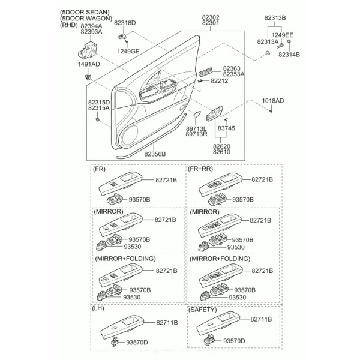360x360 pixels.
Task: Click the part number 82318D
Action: pyautogui.click(x=125, y=23)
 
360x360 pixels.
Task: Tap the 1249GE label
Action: pyautogui.click(x=128, y=51)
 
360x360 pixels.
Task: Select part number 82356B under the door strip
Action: pyautogui.click(x=155, y=154)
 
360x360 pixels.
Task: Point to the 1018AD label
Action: pyautogui.click(x=273, y=101)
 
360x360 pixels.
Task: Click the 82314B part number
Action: pyautogui.click(x=289, y=55)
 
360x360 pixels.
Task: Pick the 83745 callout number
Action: pyautogui.click(x=226, y=128)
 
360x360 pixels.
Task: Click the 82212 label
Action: pyautogui.click(x=220, y=80)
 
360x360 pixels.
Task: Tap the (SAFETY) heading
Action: pyautogui.click(x=203, y=310)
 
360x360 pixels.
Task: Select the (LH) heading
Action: pyautogui.click(x=98, y=308)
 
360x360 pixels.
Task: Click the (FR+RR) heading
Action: pyautogui.click(x=200, y=169)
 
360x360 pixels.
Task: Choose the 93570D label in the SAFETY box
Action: pyautogui.click(x=234, y=341)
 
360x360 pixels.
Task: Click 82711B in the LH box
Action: pyautogui.click(x=167, y=323)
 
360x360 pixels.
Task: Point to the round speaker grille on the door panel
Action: pyautogui.click(x=129, y=137)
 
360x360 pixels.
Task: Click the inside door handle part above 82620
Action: pyautogui.click(x=214, y=113)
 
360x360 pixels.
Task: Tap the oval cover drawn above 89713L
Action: pyautogui.click(x=197, y=114)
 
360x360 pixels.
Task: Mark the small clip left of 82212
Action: pyautogui.click(x=200, y=81)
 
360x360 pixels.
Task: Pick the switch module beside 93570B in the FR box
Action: pyautogui.click(x=115, y=199)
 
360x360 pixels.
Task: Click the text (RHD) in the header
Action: pyautogui.click(x=69, y=25)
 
